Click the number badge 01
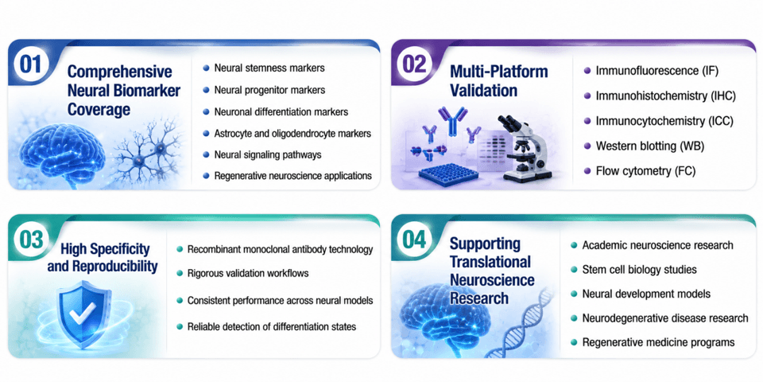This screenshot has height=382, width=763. click(x=30, y=64)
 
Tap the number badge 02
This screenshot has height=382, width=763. click(x=415, y=64)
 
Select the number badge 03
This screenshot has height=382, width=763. click(x=31, y=240)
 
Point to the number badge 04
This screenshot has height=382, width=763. click(x=415, y=240)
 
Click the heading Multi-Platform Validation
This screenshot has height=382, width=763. click(x=499, y=80)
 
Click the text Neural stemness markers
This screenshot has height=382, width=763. click(x=269, y=68)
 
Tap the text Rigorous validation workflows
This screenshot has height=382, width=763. click(x=248, y=273)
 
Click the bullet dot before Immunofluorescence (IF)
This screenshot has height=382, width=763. click(x=587, y=71)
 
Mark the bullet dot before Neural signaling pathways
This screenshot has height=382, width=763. click(x=206, y=154)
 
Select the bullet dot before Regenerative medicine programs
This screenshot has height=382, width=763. click(x=574, y=342)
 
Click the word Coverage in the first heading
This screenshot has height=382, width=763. click(x=99, y=109)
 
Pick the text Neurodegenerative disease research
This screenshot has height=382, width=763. click(x=665, y=318)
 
